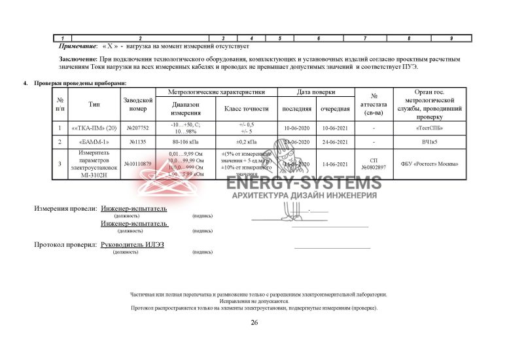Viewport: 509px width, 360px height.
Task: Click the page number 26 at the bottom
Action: click(x=254, y=322)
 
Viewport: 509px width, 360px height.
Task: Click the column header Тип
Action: click(x=94, y=104)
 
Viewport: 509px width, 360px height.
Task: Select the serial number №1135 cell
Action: click(x=137, y=141)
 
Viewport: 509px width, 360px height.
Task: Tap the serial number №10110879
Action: click(x=137, y=164)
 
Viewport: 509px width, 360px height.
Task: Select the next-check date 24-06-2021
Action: click(x=335, y=141)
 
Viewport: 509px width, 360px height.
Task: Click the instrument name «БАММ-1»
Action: click(x=94, y=141)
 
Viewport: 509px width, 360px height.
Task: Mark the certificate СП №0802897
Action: click(x=374, y=164)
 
